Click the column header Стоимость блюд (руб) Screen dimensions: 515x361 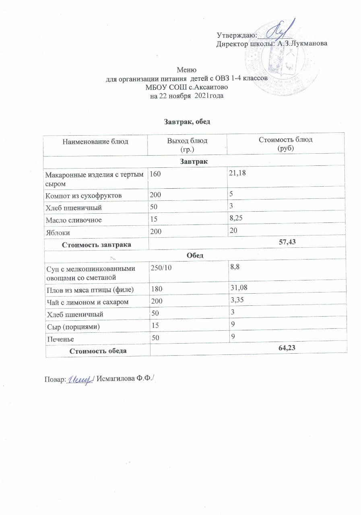287,144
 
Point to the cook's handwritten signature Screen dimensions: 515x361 80,379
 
